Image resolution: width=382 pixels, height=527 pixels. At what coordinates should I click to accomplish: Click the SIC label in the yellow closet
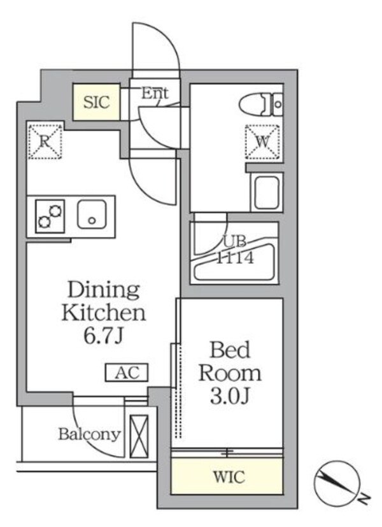point(97,101)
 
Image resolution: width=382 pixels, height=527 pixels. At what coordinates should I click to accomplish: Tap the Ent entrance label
point(154,94)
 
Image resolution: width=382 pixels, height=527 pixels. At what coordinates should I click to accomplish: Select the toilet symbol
point(260,104)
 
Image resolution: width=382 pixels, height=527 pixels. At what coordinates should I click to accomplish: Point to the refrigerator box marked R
point(45,141)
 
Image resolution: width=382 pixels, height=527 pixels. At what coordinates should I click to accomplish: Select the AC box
point(127,372)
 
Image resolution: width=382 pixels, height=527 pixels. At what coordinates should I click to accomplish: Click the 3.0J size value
point(230,396)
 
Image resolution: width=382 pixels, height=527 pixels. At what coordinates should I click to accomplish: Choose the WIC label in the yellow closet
point(227,477)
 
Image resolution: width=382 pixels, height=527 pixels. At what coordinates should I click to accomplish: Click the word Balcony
point(89,434)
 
